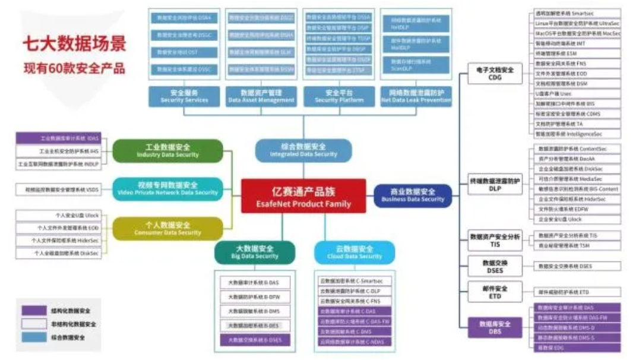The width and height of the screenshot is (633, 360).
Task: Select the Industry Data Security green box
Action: click(167, 151)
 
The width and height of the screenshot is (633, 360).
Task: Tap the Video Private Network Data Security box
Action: click(167, 189)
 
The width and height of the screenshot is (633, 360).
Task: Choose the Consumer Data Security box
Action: click(167, 229)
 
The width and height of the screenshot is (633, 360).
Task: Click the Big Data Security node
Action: click(254, 252)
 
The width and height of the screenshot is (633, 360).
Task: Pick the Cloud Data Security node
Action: click(355, 252)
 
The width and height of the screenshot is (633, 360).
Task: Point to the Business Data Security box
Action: click(413, 195)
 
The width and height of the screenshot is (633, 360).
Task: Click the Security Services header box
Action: click(184, 96)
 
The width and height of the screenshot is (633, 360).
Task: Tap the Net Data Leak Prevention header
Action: click(416, 96)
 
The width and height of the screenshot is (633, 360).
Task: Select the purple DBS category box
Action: click(495, 327)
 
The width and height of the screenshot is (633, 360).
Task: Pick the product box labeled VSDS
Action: click(58, 190)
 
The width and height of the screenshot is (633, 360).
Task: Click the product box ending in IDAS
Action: click(58, 138)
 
